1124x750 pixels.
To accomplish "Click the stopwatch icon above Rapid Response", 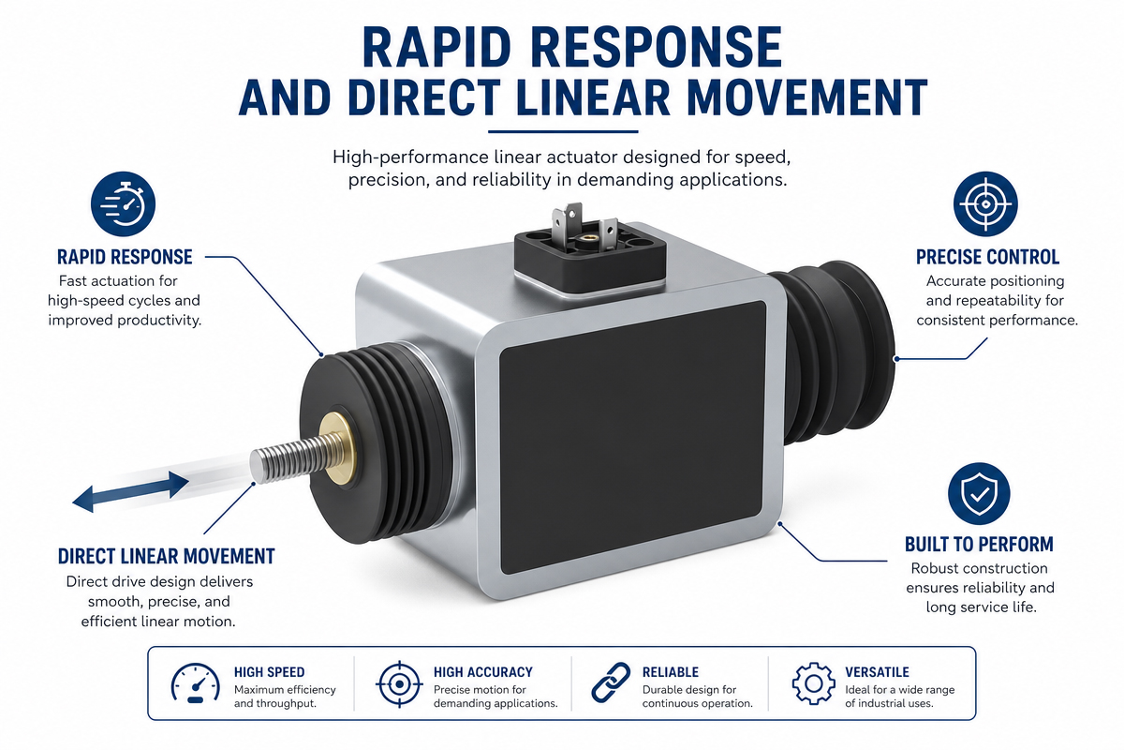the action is [123, 204].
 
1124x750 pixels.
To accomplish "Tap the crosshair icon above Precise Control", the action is [985, 203].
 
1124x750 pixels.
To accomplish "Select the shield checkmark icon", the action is [979, 494].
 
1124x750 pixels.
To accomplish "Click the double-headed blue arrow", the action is [131, 492].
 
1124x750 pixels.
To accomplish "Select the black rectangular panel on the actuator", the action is [633, 437].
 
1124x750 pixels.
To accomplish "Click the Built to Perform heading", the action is [979, 545].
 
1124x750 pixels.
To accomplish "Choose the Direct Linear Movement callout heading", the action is [166, 557].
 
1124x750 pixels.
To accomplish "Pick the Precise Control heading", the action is [987, 257].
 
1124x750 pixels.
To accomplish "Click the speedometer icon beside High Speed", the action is [195, 682].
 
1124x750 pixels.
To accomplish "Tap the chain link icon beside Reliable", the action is [611, 682].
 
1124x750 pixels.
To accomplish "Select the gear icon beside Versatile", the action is [813, 683].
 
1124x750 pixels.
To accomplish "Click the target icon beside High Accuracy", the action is [399, 683].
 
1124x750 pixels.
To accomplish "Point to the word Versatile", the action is [877, 672].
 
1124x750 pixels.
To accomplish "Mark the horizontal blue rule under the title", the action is [563, 132].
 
